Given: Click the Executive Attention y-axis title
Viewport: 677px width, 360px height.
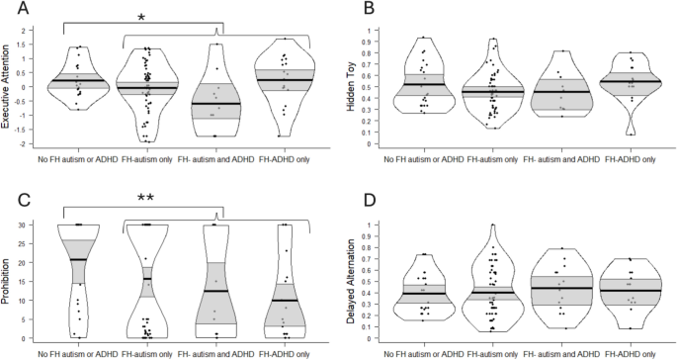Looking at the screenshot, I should click(x=9, y=94).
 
